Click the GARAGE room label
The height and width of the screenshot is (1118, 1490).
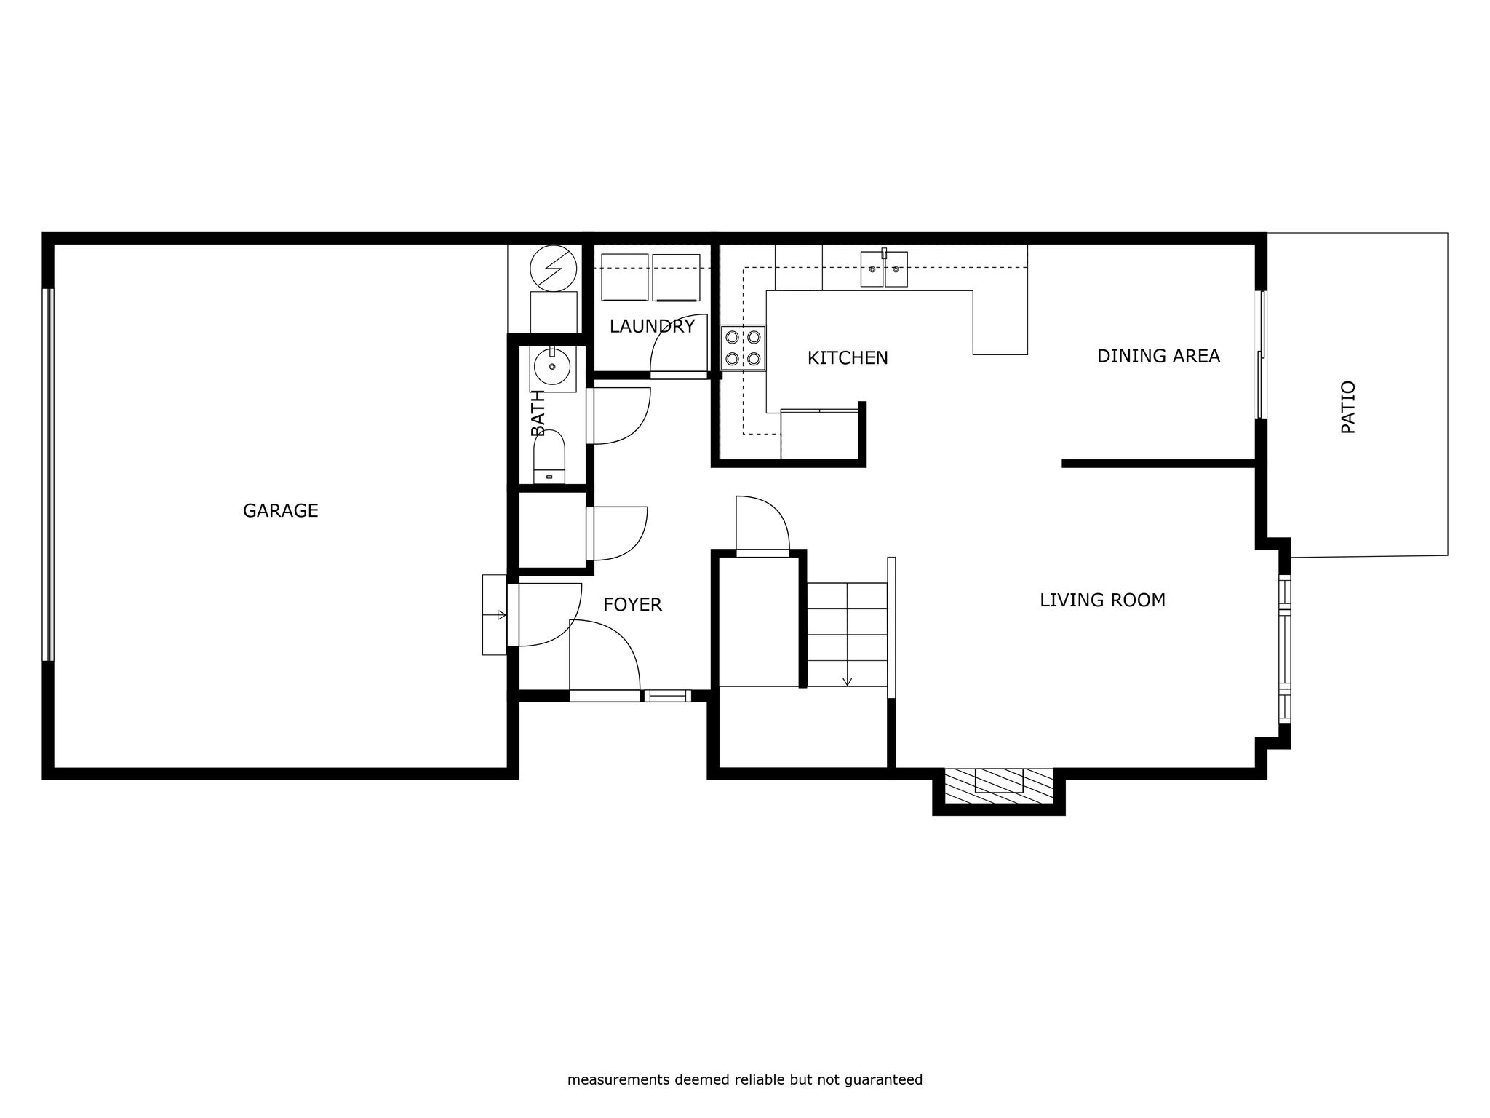pos(281,511)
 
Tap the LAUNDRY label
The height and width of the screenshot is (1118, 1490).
pos(652,327)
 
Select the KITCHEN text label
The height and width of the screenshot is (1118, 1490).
pos(848,358)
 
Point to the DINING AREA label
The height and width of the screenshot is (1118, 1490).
pos(1158,356)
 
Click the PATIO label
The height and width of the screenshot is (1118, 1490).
pos(1348,407)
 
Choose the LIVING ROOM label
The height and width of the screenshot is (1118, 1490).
pos(1102,600)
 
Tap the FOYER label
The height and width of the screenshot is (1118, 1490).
pos(632,605)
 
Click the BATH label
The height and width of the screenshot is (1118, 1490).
pos(538,413)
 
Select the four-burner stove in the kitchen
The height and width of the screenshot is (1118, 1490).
pos(743,348)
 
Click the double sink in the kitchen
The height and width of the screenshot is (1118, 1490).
pos(884,269)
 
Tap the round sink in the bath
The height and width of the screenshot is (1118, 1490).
pos(551,366)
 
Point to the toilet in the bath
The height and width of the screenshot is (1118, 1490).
pos(549,457)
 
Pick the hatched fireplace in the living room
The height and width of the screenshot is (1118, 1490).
pos(999,786)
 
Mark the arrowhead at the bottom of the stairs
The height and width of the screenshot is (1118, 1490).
pos(847,681)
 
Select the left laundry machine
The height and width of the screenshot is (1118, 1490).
pos(624,277)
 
